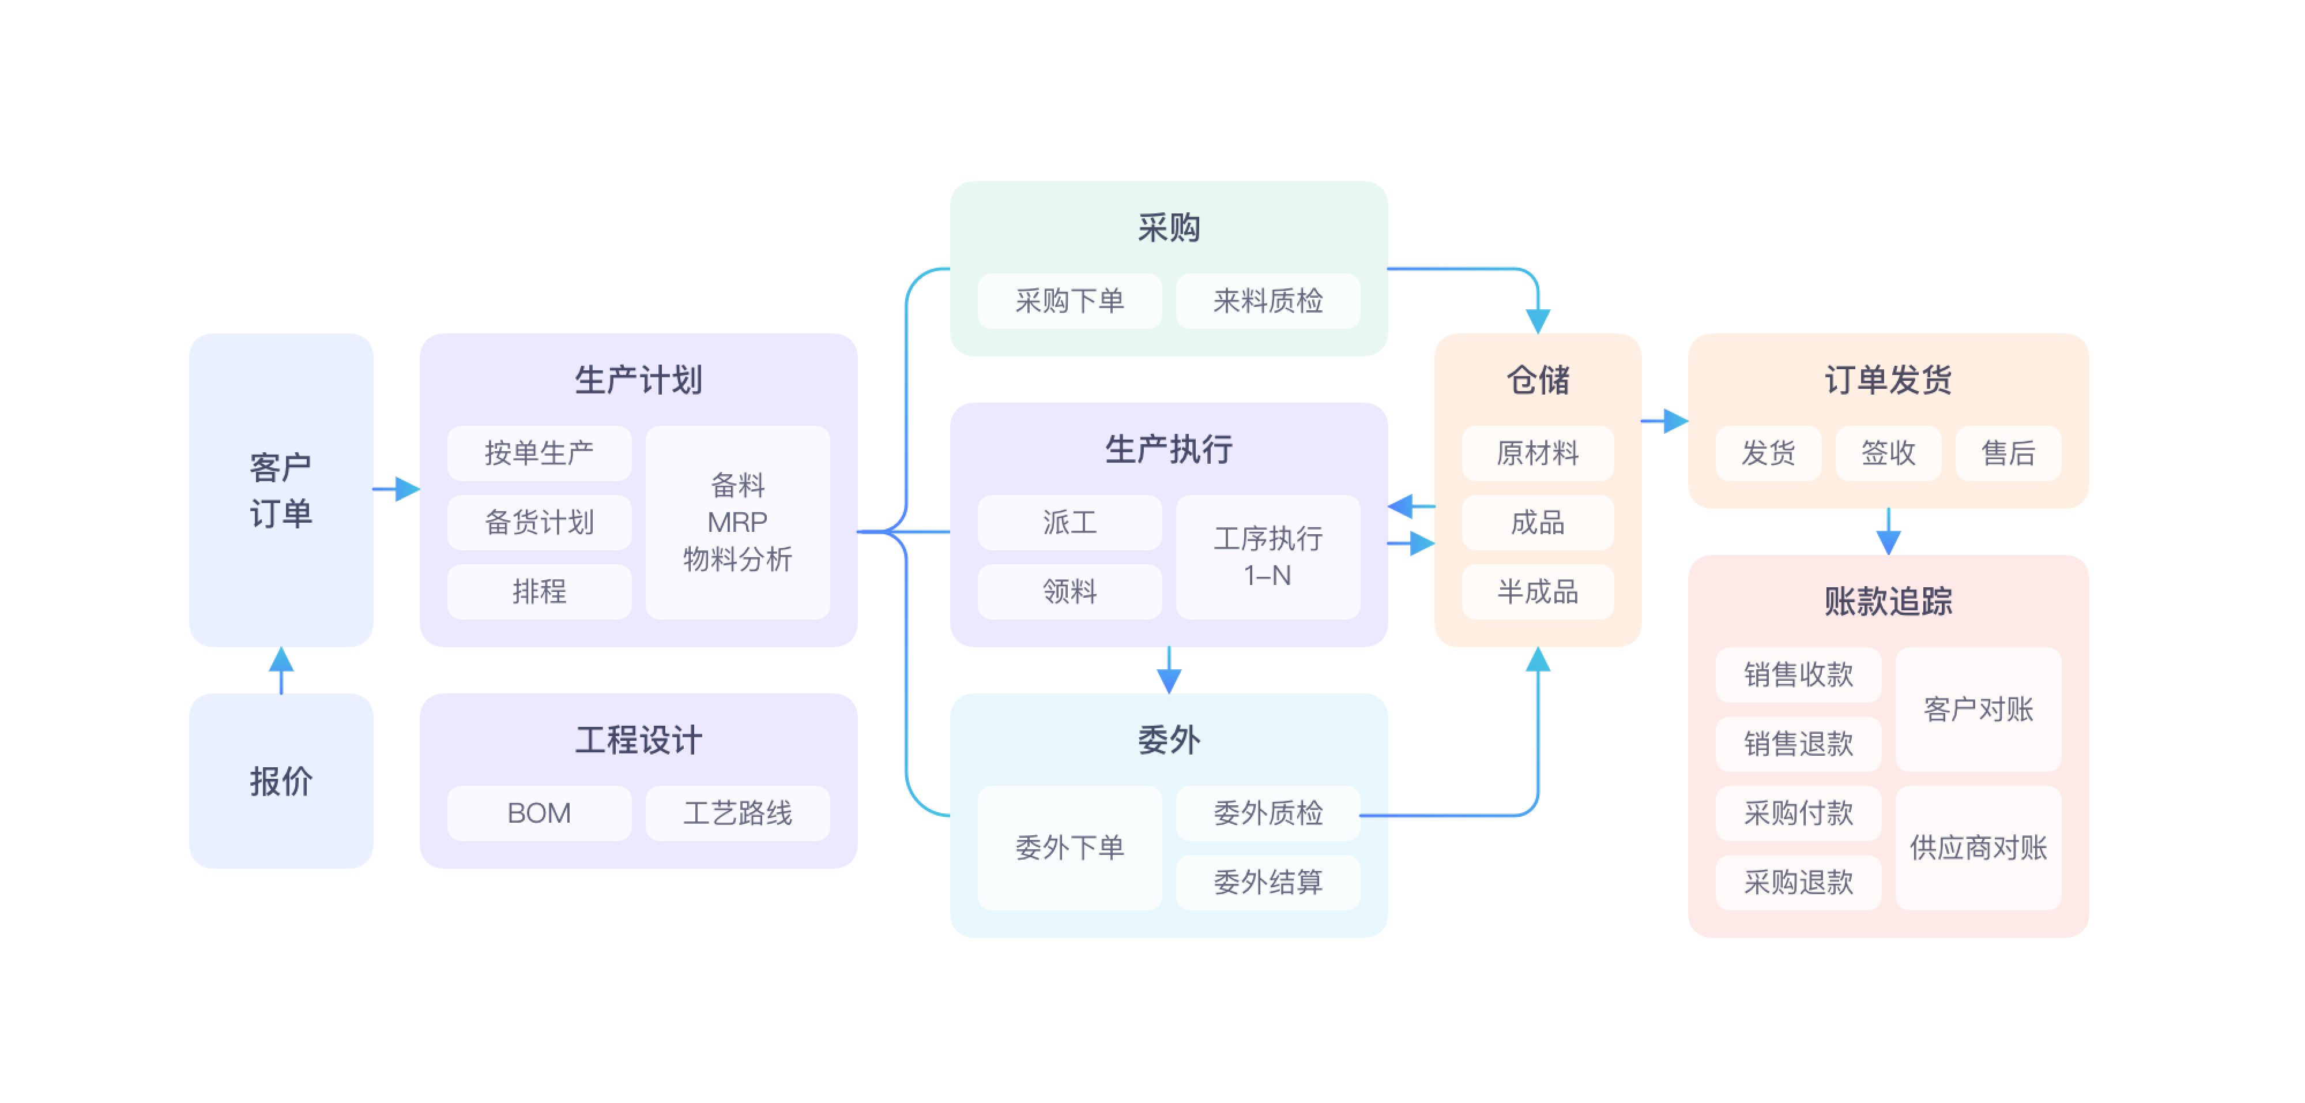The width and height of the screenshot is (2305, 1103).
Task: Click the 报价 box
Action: [x=281, y=781]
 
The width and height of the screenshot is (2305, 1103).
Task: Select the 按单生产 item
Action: [x=538, y=453]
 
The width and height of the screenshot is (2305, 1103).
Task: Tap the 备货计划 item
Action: [x=538, y=522]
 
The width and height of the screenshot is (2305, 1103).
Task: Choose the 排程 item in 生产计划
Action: [x=538, y=591]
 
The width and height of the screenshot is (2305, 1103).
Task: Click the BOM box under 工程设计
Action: [x=538, y=813]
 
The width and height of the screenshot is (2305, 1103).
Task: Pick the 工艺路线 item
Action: [x=737, y=813]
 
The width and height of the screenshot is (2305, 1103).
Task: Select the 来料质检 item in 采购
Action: [x=1267, y=301]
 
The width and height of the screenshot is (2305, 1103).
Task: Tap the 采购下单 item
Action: [x=1069, y=301]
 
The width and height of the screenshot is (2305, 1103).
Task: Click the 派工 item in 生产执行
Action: [x=1069, y=522]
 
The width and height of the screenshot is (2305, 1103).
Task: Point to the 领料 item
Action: [x=1069, y=591]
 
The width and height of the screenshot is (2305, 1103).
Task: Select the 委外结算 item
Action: [x=1267, y=882]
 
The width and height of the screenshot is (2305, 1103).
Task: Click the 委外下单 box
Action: [x=1069, y=847]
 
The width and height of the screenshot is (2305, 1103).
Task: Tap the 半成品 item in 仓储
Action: [x=1537, y=591]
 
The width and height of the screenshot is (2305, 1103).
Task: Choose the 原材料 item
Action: [x=1537, y=453]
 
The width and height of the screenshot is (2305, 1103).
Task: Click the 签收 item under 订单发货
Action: [x=1888, y=453]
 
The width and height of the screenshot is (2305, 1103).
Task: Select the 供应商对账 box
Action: [x=1978, y=847]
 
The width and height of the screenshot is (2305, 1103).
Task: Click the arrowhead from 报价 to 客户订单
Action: [x=281, y=661]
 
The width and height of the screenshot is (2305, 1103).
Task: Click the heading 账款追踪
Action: [x=1888, y=601]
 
